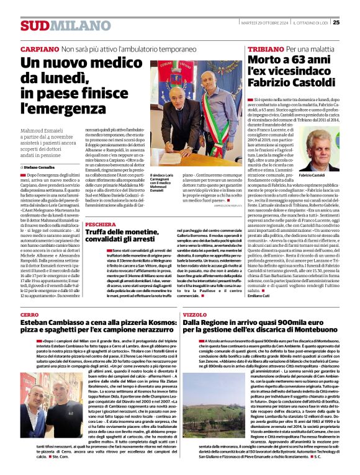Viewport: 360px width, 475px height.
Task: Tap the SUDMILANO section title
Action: (x=56, y=25)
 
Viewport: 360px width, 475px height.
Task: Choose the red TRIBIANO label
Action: (x=265, y=48)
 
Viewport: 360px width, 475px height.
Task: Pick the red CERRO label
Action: (x=29, y=314)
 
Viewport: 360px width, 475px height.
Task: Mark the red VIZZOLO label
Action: (x=195, y=314)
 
